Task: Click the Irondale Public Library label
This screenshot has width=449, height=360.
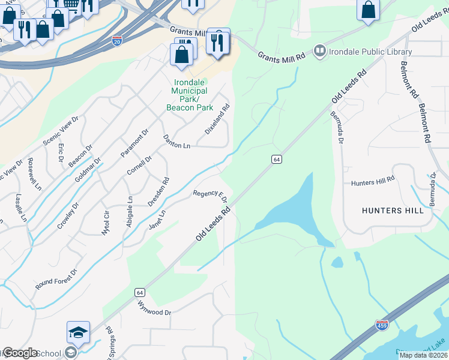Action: (370, 52)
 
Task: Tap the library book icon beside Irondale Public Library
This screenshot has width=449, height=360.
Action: (319, 52)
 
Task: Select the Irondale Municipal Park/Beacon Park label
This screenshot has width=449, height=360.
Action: (190, 95)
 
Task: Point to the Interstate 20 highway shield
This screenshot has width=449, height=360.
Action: (117, 41)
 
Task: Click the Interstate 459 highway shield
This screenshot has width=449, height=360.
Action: (382, 325)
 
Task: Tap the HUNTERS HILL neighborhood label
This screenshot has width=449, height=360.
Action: (393, 211)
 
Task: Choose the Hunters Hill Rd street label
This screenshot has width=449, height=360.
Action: (372, 179)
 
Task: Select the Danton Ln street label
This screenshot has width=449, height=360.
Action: (176, 142)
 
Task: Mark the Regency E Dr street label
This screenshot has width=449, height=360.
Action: (210, 196)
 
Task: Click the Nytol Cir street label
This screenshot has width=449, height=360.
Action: (106, 223)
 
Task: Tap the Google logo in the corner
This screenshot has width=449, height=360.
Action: (19, 353)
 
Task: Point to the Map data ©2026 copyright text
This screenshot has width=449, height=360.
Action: (423, 355)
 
